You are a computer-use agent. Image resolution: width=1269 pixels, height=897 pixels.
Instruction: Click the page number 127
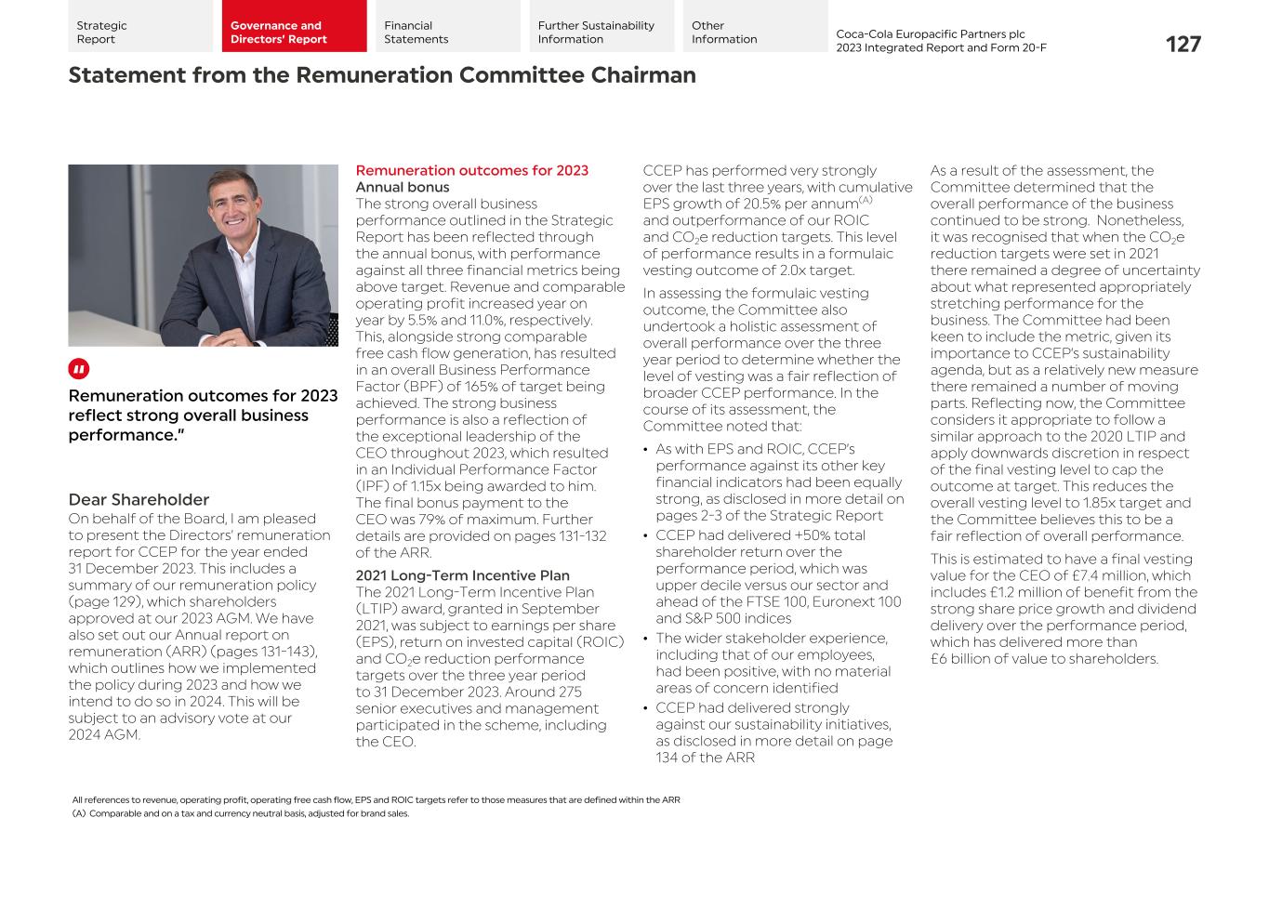[1183, 44]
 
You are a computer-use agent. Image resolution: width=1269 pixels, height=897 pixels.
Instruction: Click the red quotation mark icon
[79, 369]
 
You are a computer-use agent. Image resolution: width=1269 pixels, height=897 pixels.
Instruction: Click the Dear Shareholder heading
[139, 499]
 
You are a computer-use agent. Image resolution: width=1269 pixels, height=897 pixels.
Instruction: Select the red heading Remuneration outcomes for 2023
[471, 170]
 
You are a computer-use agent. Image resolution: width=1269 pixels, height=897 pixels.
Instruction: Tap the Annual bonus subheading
[402, 187]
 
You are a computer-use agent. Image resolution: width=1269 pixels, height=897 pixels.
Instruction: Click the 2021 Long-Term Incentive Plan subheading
[462, 575]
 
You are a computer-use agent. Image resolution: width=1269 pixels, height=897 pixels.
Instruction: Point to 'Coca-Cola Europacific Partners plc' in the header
[930, 33]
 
